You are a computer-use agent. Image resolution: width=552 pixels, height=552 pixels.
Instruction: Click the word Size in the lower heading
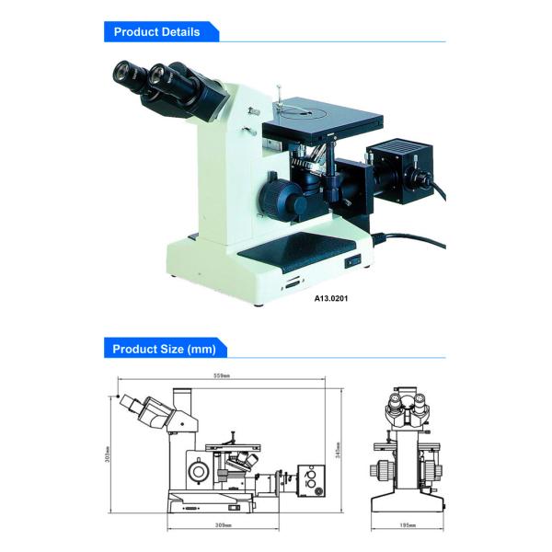(x=172, y=349)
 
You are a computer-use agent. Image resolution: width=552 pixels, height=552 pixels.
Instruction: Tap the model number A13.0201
(x=331, y=298)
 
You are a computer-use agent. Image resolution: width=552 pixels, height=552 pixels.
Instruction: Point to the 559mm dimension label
(x=222, y=375)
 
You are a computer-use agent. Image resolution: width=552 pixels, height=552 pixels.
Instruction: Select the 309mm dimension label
(x=224, y=525)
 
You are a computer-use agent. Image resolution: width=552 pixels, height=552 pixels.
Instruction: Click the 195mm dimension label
(x=408, y=525)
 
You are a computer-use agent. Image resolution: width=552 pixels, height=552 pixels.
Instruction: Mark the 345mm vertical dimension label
(x=338, y=450)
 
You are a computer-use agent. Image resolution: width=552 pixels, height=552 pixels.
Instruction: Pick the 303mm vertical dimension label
(x=108, y=454)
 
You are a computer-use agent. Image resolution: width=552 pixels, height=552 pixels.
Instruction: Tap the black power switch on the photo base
(x=353, y=260)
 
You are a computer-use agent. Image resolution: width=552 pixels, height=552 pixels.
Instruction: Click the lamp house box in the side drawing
(x=311, y=480)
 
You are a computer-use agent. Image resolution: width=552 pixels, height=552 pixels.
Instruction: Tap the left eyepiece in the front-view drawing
(x=395, y=401)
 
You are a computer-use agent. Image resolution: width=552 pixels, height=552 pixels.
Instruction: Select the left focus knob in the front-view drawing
(x=381, y=469)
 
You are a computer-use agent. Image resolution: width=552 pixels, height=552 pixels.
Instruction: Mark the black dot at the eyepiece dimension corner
(x=119, y=396)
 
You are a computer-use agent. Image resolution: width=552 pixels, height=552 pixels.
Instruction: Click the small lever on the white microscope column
(x=249, y=132)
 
